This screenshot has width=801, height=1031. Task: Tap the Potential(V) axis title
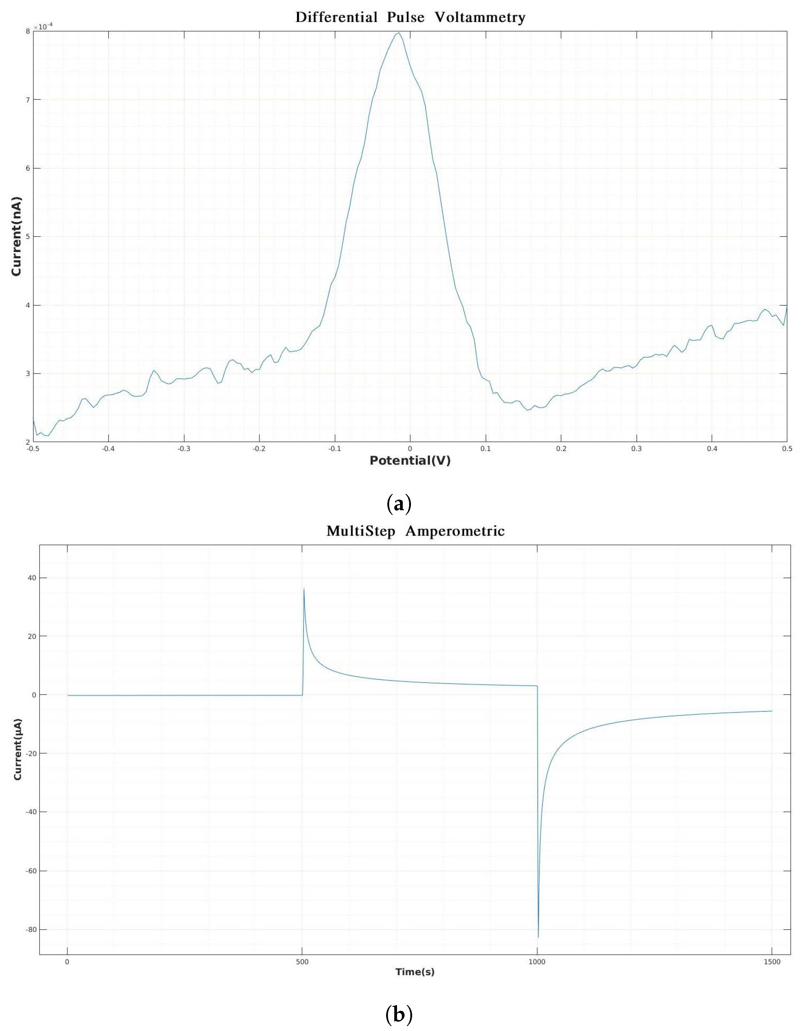[410, 461]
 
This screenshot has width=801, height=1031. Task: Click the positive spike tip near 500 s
[304, 589]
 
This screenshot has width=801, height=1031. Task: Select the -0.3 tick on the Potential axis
[184, 449]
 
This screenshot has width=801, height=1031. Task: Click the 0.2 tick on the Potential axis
[561, 449]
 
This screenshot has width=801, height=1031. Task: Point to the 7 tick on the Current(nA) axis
[28, 100]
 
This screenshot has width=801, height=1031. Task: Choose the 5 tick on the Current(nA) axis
[28, 237]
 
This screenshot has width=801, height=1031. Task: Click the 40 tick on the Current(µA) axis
[31, 578]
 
